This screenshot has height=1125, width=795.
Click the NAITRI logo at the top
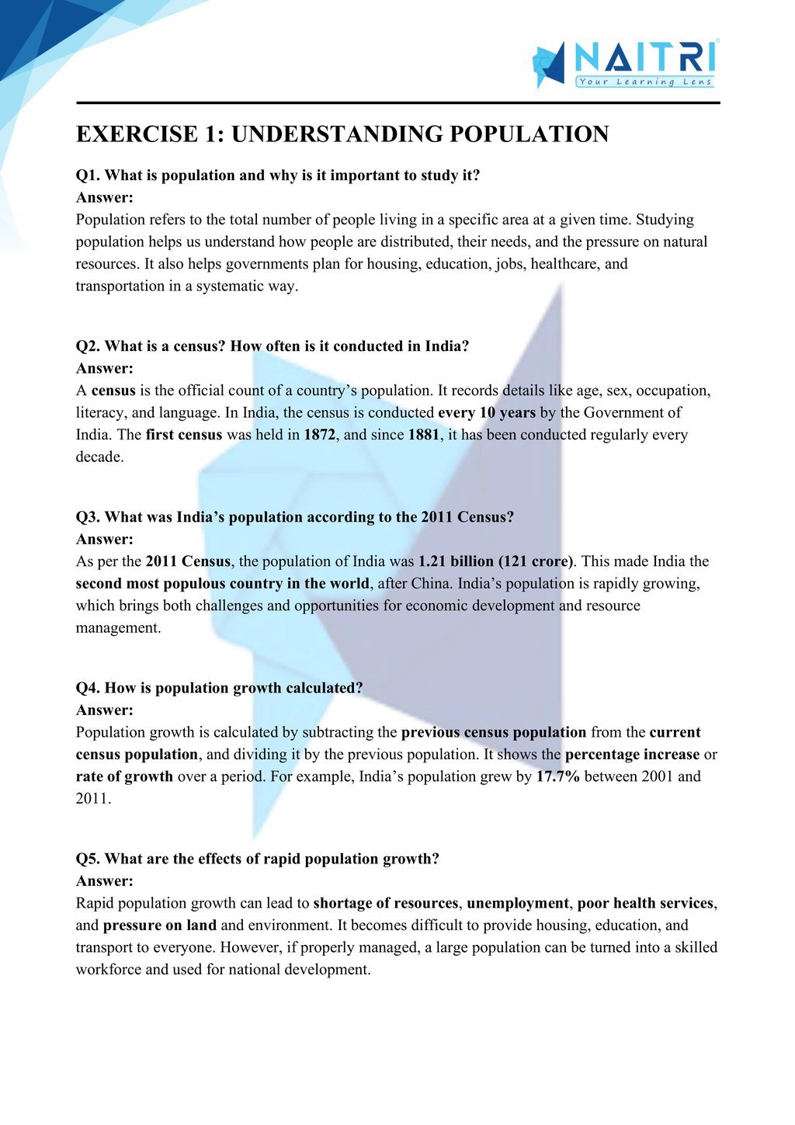pos(625,62)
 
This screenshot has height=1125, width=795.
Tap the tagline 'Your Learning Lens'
pos(644,82)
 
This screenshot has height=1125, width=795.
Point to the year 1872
pos(319,435)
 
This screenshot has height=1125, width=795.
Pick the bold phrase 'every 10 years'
pos(487,412)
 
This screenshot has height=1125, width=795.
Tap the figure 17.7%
pos(558,776)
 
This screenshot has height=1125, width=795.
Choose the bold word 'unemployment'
pos(517,903)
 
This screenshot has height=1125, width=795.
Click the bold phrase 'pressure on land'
pos(160,925)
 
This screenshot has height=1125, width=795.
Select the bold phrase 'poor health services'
pos(645,903)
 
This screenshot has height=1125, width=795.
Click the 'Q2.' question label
pos(88,346)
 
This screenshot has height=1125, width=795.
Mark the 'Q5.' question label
pos(88,859)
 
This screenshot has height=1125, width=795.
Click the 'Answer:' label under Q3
pos(105,539)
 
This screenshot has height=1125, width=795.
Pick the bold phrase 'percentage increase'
pos(632,755)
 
